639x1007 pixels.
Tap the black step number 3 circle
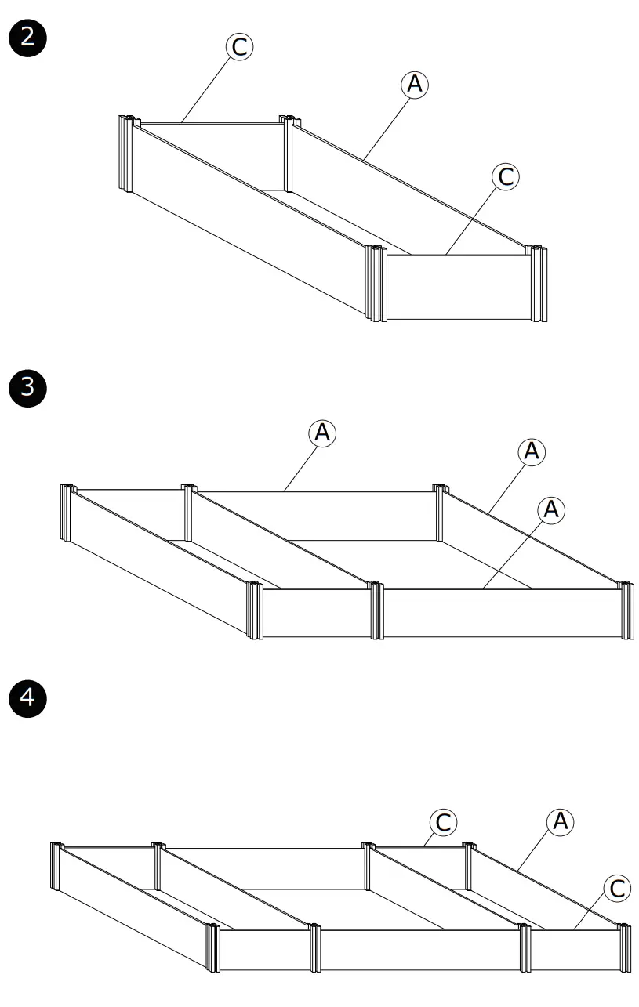point(27,387)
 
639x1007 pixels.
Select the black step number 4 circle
point(27,697)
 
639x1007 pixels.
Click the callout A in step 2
point(415,85)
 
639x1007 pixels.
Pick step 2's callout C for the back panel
point(240,47)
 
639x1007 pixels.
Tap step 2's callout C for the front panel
point(506,177)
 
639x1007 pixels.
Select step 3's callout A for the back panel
point(322,433)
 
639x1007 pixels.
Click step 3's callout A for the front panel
point(551,509)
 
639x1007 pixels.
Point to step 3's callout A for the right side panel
point(532,451)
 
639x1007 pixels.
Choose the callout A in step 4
point(559,821)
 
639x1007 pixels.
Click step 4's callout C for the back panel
point(443,823)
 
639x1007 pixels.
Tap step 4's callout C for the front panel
point(617,888)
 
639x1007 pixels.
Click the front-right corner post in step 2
point(539,284)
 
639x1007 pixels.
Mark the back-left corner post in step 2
point(125,153)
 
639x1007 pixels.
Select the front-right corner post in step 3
point(625,611)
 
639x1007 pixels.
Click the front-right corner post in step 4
point(624,949)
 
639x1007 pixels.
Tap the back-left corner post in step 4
point(56,866)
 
